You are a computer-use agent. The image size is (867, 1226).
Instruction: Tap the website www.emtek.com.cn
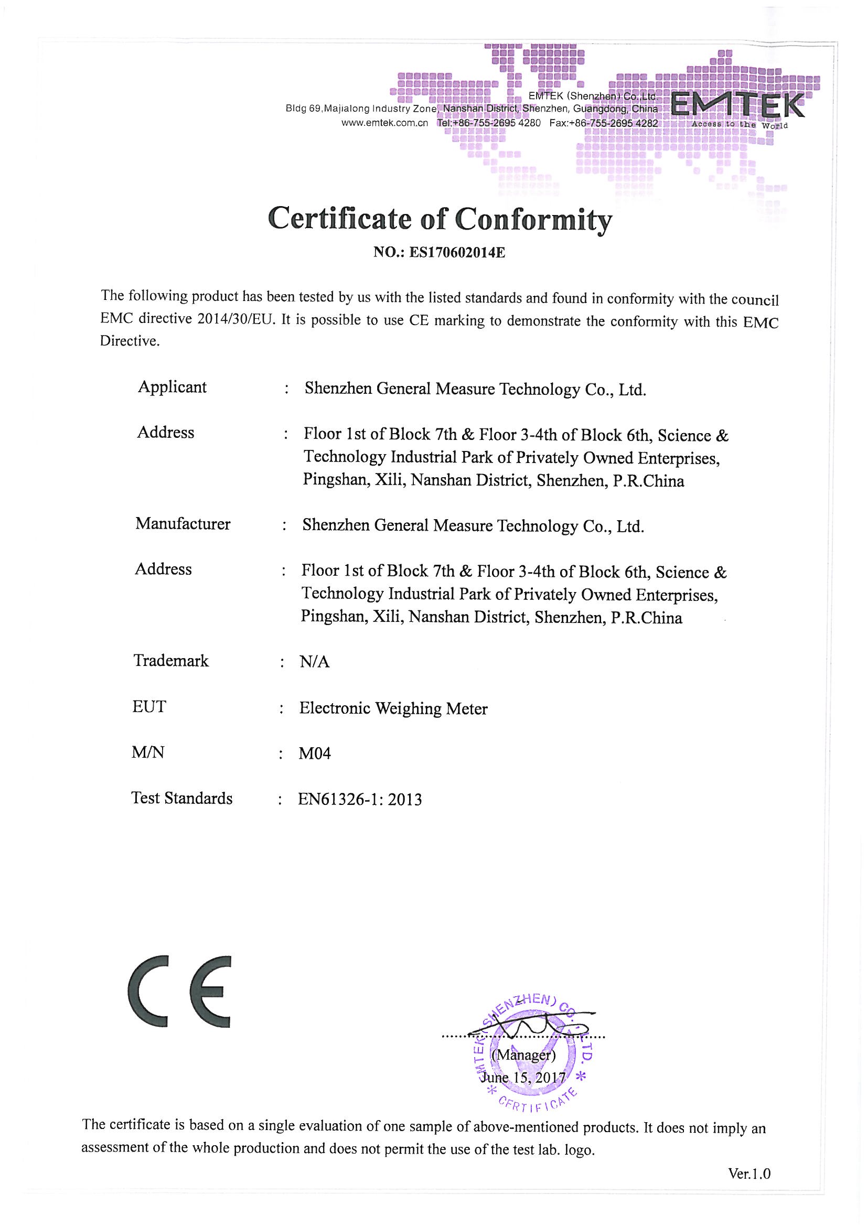pyautogui.click(x=384, y=123)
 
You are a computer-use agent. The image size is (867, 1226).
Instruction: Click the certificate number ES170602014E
pyautogui.click(x=457, y=253)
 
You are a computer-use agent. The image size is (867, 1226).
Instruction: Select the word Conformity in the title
pyautogui.click(x=533, y=219)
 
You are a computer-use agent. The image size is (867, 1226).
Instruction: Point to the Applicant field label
pyautogui.click(x=172, y=386)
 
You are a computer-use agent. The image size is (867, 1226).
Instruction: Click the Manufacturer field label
pyautogui.click(x=183, y=523)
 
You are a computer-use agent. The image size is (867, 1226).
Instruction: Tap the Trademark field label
pyautogui.click(x=171, y=661)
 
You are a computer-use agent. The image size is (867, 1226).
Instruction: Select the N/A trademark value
pyautogui.click(x=315, y=662)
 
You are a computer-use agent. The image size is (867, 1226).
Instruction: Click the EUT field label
pyautogui.click(x=149, y=706)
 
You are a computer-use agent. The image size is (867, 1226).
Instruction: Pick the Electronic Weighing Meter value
pyautogui.click(x=393, y=708)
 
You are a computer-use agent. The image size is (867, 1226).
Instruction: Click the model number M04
pyautogui.click(x=315, y=754)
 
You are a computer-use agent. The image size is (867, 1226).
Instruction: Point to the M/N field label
pyautogui.click(x=148, y=752)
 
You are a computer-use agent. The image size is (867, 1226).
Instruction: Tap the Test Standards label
pyautogui.click(x=181, y=798)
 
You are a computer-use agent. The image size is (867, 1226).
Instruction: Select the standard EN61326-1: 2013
pyautogui.click(x=360, y=799)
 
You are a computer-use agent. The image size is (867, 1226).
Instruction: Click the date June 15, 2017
pyautogui.click(x=523, y=1077)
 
